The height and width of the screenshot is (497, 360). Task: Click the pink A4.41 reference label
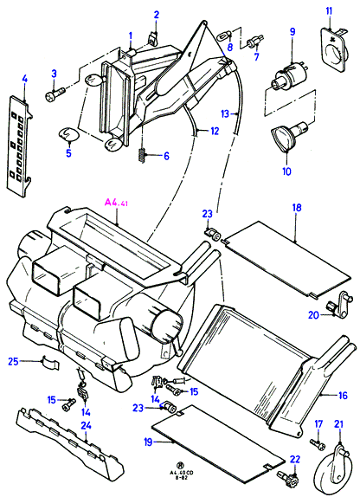116,203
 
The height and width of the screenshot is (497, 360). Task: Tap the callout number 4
25,79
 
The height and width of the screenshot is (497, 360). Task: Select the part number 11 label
330,11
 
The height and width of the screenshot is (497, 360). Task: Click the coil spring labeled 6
144,155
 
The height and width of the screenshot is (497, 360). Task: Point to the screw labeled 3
55,94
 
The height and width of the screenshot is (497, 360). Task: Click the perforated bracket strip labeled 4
20,145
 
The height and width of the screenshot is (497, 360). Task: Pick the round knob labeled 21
333,469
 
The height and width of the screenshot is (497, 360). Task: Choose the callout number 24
86,425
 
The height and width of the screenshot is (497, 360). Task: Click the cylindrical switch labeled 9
288,76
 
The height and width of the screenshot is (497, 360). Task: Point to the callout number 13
225,113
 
